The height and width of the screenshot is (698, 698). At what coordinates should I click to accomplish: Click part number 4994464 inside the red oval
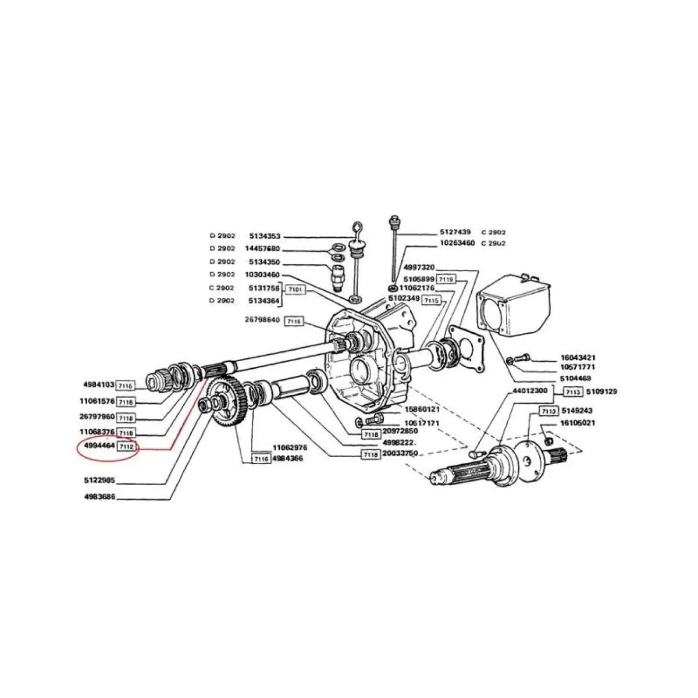[x=99, y=447]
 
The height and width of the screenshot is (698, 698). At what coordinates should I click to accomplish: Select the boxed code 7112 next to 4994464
[x=127, y=447]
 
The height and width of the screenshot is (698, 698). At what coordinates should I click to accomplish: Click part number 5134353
[x=265, y=236]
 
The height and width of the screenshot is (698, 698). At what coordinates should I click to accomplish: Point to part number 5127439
[x=455, y=232]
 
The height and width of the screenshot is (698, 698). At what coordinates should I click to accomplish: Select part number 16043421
[x=578, y=358]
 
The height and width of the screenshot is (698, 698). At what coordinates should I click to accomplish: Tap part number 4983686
[x=99, y=498]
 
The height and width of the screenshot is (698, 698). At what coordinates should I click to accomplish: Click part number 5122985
[x=99, y=481]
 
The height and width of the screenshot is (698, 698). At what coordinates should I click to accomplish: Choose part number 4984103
[x=99, y=384]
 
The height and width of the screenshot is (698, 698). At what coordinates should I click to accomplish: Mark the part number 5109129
[x=601, y=392]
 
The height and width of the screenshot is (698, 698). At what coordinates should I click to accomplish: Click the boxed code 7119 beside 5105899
[x=446, y=280]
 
